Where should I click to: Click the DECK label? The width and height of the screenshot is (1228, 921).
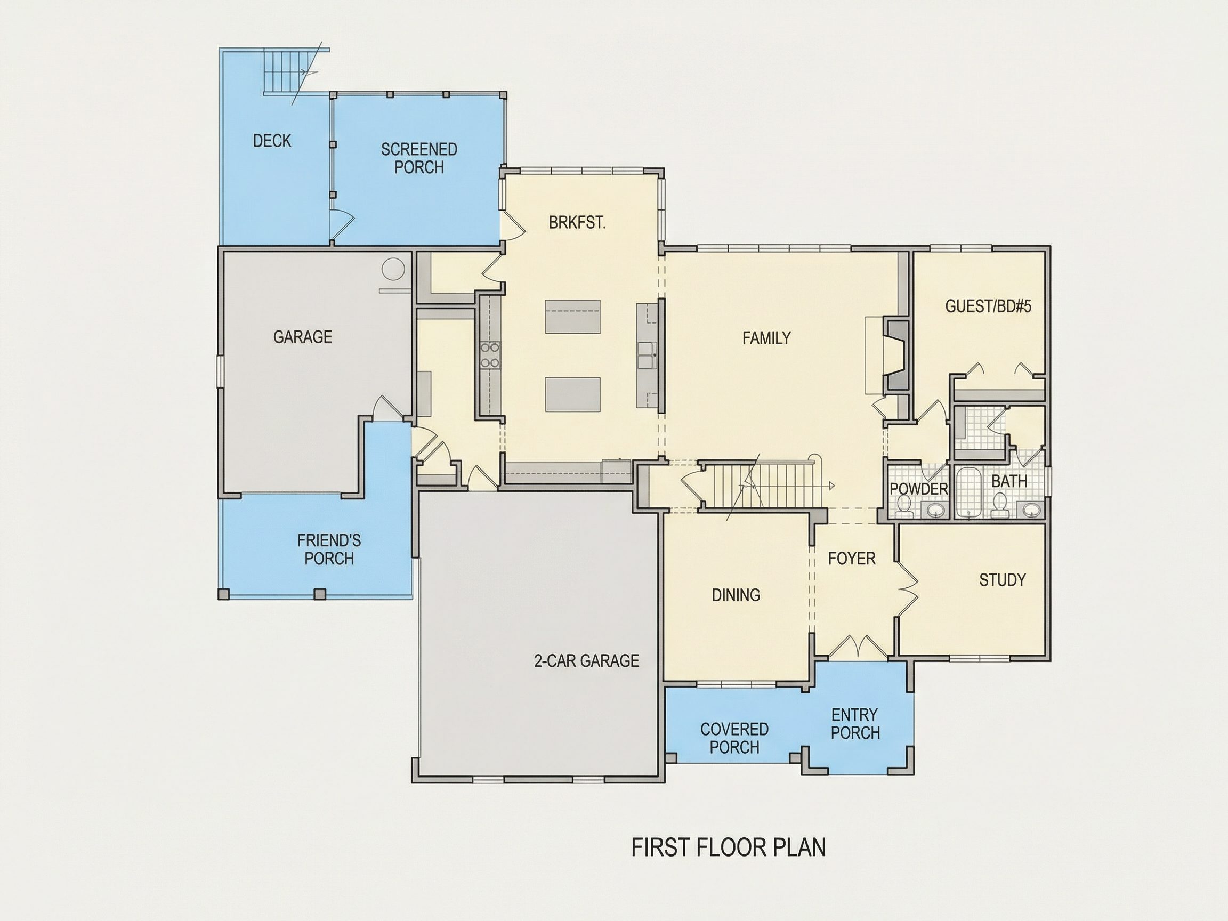272,141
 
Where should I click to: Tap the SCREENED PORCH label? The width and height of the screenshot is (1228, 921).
419,158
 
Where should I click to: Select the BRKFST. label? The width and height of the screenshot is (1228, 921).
577,223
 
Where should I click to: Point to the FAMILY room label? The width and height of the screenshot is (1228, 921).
766,338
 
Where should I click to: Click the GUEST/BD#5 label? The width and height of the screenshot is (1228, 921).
988,306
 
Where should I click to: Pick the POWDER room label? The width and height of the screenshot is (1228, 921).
919,489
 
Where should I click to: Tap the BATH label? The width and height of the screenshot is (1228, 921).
1009,481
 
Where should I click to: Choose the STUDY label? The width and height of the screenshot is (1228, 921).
1002,580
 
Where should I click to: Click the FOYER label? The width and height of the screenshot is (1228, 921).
852,559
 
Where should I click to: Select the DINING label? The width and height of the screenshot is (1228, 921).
736,595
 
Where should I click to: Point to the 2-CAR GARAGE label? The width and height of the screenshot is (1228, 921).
586,660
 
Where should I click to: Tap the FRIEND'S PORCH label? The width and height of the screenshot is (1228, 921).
329,549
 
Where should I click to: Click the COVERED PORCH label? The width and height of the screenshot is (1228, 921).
734,738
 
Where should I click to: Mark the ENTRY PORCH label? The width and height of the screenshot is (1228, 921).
855,723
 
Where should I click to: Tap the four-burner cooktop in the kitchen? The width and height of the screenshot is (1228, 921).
490,356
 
